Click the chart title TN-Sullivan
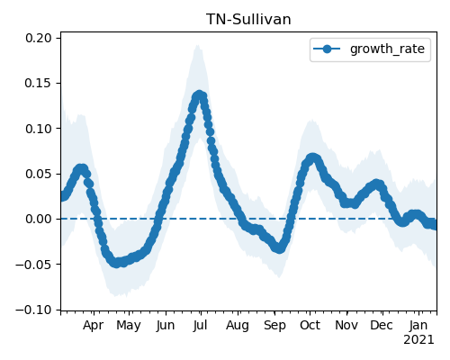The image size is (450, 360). (248, 20)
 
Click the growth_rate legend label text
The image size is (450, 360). (387, 49)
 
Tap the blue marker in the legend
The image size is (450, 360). (327, 49)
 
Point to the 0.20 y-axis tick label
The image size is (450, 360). (39, 38)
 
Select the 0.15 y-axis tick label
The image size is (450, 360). (39, 83)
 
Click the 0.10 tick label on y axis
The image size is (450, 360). (39, 129)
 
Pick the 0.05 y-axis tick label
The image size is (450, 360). (39, 174)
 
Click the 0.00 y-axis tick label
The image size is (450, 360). (39, 219)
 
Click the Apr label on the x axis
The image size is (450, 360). (94, 326)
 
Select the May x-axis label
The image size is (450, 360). (129, 326)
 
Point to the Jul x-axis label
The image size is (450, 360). (200, 326)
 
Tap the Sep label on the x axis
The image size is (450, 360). (274, 326)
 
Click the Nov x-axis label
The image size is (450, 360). (346, 326)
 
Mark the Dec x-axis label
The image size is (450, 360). (382, 326)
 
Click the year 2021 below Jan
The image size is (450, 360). (418, 340)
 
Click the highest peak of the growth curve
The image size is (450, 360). (199, 95)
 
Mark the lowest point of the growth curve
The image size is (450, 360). (116, 263)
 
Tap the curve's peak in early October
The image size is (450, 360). (312, 158)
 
